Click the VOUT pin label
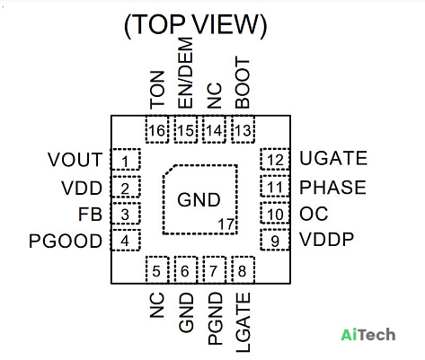[x=75, y=160]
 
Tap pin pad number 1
[x=126, y=159]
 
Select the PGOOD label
[x=66, y=241]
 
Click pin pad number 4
[x=126, y=240]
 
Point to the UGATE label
[x=333, y=158]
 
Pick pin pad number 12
[x=275, y=159]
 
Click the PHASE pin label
[x=332, y=188]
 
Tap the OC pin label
[x=314, y=214]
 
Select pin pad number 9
[x=275, y=240]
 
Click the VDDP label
[x=327, y=240]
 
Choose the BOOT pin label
[x=243, y=83]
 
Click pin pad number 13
[x=243, y=129]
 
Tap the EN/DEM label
[x=185, y=73]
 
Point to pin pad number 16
[x=157, y=129]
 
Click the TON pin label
[x=157, y=90]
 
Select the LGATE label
[x=243, y=322]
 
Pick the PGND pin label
[x=216, y=319]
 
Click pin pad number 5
[x=157, y=269]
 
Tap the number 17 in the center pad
[x=226, y=224]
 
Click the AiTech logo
[x=368, y=335]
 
